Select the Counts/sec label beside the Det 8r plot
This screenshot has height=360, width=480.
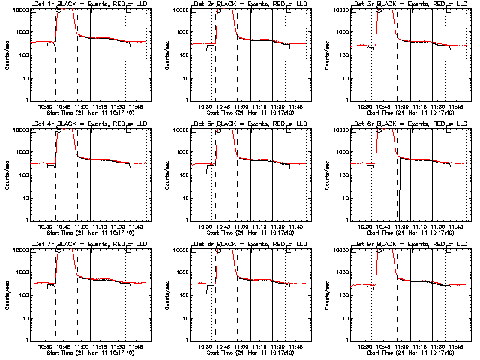[166, 295]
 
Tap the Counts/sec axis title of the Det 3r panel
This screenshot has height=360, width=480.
[327, 55]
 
